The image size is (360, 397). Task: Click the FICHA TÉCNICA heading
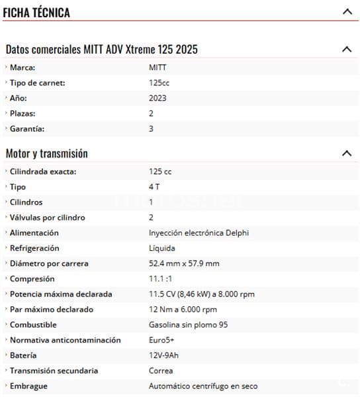tap(36, 12)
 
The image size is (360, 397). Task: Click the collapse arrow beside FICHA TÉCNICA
tap(347, 11)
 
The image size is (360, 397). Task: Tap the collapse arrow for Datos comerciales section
tap(346, 49)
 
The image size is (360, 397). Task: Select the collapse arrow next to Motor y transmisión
tap(346, 154)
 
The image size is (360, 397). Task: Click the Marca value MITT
tap(158, 67)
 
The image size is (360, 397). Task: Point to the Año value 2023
tap(158, 98)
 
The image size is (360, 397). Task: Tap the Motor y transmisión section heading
tap(47, 154)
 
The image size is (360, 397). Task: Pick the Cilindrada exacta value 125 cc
tap(160, 171)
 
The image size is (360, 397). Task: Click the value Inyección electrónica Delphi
tap(199, 233)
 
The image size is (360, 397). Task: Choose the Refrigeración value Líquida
tap(162, 248)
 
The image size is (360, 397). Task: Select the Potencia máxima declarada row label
tap(61, 294)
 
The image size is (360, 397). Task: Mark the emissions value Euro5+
tap(161, 339)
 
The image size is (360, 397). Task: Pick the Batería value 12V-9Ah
tap(163, 355)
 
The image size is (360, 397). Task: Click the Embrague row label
tap(28, 386)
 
